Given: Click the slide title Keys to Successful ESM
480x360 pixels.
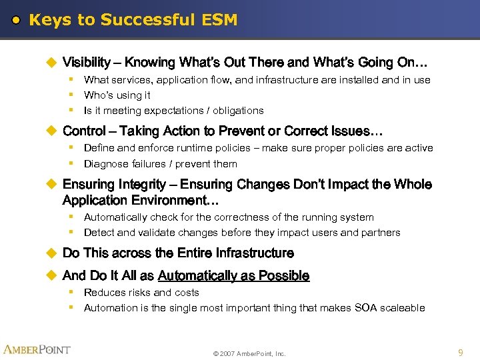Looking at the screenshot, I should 133,20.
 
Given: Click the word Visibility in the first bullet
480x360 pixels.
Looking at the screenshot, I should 87,63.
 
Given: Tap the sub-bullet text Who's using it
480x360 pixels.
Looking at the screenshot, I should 117,95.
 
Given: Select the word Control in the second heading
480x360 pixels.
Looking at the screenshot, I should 84,131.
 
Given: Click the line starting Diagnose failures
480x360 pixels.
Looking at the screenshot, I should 160,164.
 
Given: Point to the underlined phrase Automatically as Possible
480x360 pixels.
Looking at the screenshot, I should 233,276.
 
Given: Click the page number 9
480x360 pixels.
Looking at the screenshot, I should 461,352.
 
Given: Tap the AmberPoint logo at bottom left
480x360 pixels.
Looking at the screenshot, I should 37,349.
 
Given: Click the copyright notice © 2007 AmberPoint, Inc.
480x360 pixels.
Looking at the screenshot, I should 249,353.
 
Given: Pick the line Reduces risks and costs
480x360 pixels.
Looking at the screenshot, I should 141,293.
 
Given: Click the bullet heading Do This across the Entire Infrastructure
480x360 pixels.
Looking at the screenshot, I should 178,253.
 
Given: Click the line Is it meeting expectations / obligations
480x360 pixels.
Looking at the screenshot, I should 173,111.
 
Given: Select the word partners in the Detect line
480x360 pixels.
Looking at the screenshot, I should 381,233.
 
